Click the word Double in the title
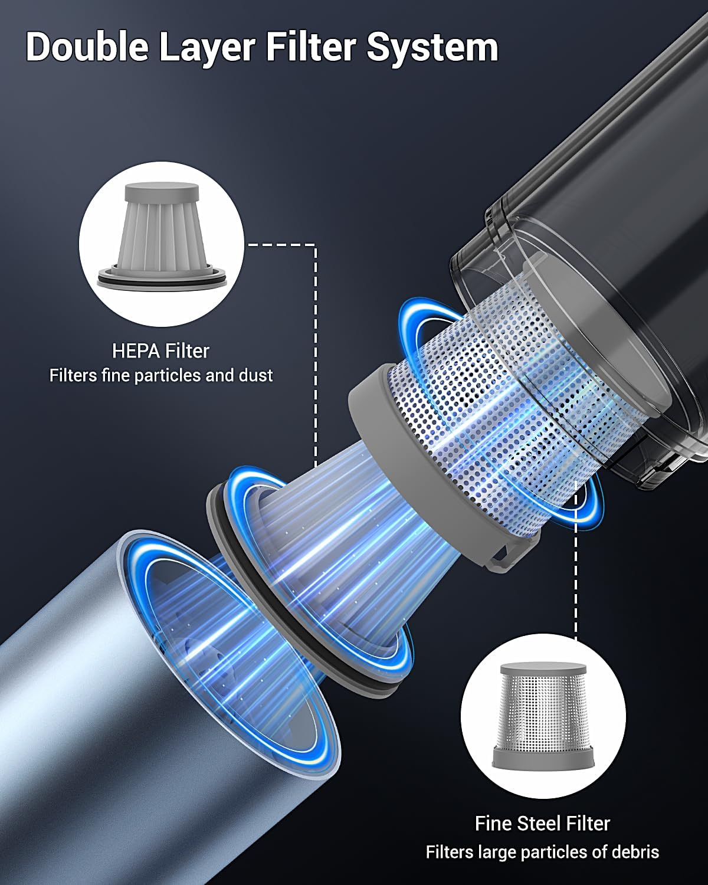[87, 47]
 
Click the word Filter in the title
[311, 47]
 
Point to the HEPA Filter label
[160, 351]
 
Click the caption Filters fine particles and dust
[161, 375]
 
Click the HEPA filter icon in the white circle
[162, 236]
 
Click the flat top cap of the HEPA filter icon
[162, 192]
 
